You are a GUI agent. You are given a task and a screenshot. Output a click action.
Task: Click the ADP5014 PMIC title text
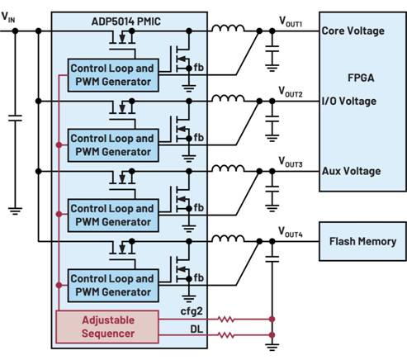click(125, 21)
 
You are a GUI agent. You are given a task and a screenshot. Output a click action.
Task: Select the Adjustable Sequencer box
click(107, 327)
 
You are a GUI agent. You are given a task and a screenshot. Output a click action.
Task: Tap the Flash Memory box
click(362, 241)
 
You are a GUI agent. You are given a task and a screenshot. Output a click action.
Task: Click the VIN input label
click(8, 17)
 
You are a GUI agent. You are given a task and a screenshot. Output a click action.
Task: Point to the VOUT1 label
click(291, 21)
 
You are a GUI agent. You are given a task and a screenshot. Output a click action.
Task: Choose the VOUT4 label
click(291, 232)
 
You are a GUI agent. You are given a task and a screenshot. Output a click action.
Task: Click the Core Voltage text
click(353, 31)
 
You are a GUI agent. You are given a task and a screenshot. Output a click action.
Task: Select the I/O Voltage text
click(349, 101)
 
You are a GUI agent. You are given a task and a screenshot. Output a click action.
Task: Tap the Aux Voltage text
click(352, 171)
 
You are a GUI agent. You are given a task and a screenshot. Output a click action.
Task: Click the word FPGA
click(361, 78)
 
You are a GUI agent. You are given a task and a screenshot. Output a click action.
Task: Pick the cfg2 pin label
click(192, 311)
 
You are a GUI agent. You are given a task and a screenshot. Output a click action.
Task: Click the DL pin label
click(196, 329)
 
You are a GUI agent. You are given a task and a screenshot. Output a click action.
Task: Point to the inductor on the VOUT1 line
click(228, 28)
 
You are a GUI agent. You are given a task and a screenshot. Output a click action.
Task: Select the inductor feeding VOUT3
click(228, 168)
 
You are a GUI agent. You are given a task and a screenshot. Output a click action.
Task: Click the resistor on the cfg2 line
click(226, 320)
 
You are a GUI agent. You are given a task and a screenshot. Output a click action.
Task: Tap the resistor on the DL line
click(226, 335)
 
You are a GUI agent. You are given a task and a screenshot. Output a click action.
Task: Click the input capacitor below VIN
click(15, 118)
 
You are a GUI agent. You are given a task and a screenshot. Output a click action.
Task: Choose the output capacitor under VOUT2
click(272, 119)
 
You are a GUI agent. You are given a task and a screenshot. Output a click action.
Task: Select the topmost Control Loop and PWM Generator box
click(113, 75)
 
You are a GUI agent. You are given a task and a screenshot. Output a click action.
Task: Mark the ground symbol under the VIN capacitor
click(15, 211)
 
